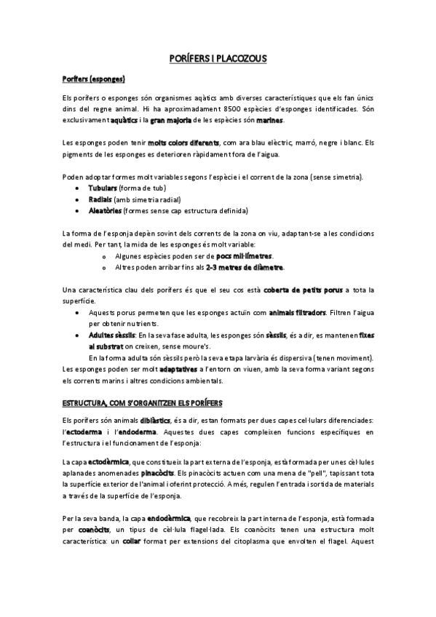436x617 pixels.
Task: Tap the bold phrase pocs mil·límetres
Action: click(x=243, y=256)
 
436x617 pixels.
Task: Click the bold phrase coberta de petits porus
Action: click(x=303, y=290)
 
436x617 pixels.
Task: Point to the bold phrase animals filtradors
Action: click(x=281, y=313)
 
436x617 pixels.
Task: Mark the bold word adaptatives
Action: click(x=179, y=370)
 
